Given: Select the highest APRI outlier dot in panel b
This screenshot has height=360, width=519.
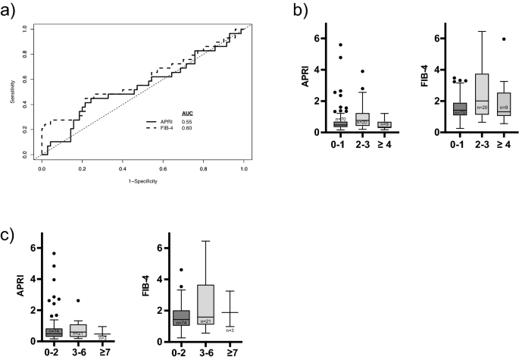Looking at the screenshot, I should pos(341,45).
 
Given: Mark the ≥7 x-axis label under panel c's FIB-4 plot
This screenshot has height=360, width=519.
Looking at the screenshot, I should pos(230,352).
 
